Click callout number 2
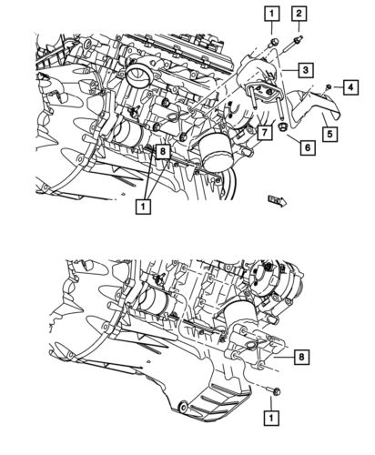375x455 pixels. point(299,13)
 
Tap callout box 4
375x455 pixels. point(350,86)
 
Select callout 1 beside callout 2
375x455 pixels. point(270,13)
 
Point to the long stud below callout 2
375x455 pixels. point(297,43)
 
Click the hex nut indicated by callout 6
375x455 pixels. point(283,127)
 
